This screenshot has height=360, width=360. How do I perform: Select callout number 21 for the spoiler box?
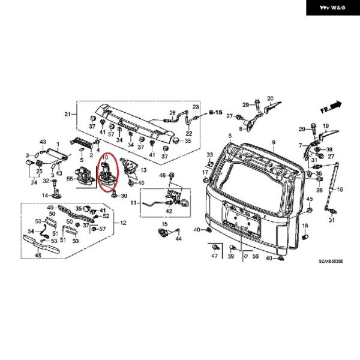67,114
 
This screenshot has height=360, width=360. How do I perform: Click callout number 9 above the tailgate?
272,142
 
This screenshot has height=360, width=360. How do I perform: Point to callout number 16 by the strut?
339,189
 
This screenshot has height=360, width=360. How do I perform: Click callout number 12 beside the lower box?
124,223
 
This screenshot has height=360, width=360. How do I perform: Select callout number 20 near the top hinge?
270,98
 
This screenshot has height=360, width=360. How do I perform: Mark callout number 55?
70,179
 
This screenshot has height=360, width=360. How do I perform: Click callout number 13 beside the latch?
143,170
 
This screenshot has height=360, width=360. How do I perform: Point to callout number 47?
214,256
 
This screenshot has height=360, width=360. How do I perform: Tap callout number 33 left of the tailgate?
210,155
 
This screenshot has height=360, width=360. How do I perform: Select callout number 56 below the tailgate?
256,256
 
